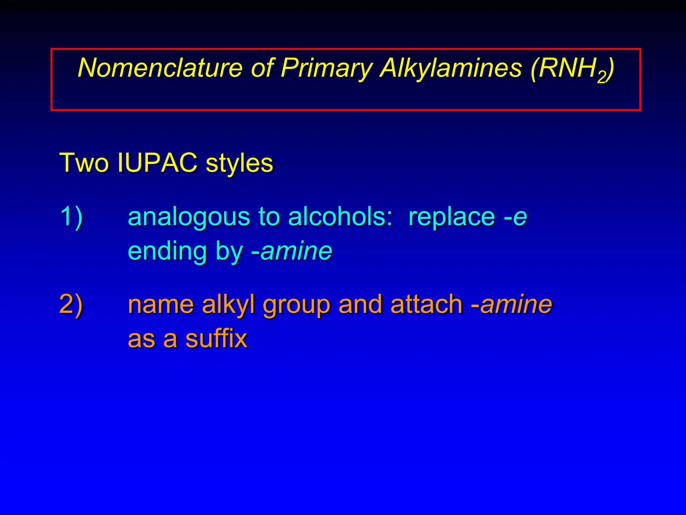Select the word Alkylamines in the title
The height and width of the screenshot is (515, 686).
(x=451, y=68)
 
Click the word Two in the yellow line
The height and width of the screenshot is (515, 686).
(x=84, y=163)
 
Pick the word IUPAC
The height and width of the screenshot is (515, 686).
(x=157, y=163)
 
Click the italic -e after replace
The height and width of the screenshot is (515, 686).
(x=516, y=217)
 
